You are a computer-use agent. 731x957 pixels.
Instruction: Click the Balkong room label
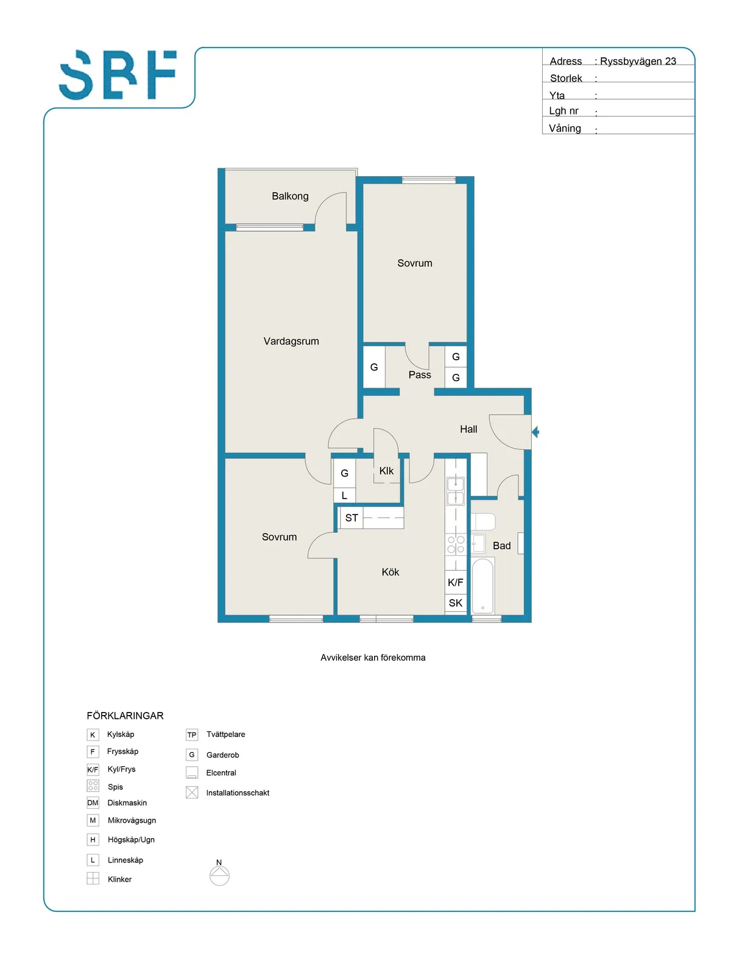[290, 196]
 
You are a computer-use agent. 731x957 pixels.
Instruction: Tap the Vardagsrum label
[291, 341]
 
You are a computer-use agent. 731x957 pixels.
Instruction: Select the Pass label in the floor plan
[420, 374]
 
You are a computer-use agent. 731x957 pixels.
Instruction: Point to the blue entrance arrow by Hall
[535, 432]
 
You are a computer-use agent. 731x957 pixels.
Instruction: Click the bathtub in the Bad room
[482, 586]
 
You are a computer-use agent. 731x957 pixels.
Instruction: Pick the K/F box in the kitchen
[455, 582]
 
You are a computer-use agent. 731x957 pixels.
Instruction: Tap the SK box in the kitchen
[455, 602]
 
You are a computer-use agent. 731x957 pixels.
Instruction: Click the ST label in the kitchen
[351, 518]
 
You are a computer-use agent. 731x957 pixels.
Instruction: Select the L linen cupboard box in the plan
[344, 496]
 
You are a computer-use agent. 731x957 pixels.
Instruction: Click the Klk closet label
[386, 471]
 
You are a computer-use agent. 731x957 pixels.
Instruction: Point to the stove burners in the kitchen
[456, 544]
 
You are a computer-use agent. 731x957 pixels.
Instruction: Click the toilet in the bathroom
[483, 521]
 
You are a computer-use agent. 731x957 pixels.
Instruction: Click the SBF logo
[118, 74]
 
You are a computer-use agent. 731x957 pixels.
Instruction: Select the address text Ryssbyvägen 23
[638, 61]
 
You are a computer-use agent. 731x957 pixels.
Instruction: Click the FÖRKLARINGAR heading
[125, 716]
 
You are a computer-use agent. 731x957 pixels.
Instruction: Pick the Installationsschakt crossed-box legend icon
[192, 792]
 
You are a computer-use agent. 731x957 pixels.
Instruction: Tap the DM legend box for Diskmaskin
[93, 803]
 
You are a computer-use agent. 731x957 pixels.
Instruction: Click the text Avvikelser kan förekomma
[373, 658]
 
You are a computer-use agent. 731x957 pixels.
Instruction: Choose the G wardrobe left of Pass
[374, 367]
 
